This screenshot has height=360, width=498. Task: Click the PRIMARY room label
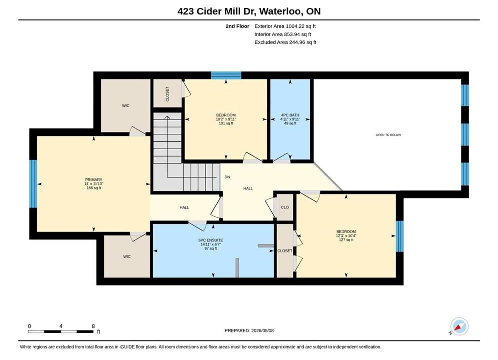tap(94, 180)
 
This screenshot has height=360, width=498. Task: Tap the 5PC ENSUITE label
tap(211, 240)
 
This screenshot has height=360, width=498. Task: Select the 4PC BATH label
tap(290, 115)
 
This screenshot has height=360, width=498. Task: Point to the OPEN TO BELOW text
tap(388, 135)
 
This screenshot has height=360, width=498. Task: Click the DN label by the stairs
tap(227, 177)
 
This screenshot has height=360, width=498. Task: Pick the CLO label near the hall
tap(285, 207)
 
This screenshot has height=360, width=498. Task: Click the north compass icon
tap(459, 326)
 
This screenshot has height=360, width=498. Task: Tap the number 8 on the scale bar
tap(93, 326)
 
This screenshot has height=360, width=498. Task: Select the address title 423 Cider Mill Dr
tap(217, 11)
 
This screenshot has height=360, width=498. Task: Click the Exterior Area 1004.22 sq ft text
tap(285, 26)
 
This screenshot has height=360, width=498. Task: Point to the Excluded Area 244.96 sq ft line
tap(285, 42)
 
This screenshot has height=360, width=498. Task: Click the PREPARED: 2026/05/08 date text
tap(249, 331)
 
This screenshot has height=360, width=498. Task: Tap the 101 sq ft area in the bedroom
tap(226, 123)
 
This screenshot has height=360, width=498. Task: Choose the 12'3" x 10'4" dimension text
tap(346, 236)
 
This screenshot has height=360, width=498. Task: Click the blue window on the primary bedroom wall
tap(33, 184)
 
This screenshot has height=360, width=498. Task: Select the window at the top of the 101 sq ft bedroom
tap(226, 75)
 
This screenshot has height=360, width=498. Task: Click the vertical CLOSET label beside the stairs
tap(167, 94)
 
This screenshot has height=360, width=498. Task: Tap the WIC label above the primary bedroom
tap(126, 106)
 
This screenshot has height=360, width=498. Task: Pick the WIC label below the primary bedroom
tap(127, 256)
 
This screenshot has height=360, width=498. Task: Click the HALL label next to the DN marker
tap(248, 188)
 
